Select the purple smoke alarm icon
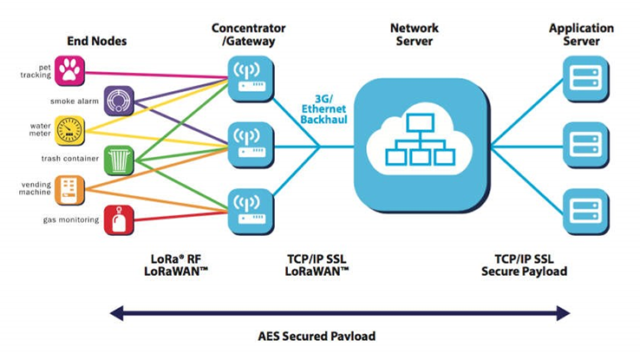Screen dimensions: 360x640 [x=118, y=100]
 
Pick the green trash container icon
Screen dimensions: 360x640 [x=118, y=160]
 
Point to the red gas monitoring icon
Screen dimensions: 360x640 [x=118, y=219]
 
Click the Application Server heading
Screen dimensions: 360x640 [x=581, y=34]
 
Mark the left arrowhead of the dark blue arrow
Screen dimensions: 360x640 [x=114, y=311]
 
